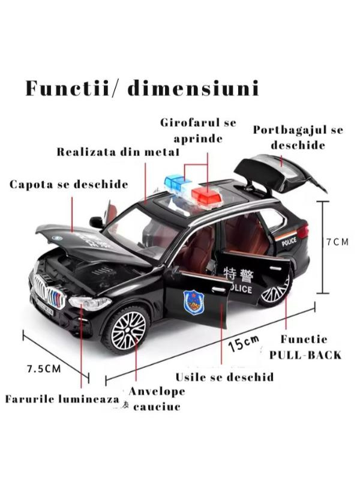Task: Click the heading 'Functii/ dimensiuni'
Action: tap(142, 89)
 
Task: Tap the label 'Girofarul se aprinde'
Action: tap(198, 131)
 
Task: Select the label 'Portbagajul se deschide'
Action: tap(298, 137)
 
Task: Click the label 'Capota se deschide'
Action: tap(68, 184)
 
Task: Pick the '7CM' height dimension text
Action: tap(337, 242)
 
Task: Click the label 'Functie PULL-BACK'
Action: tap(305, 347)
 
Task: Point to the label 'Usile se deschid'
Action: tap(224, 377)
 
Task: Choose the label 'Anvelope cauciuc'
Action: tap(157, 399)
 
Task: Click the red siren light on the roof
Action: tap(205, 196)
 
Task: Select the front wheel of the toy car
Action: tap(127, 329)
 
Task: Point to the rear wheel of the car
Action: tap(275, 293)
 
